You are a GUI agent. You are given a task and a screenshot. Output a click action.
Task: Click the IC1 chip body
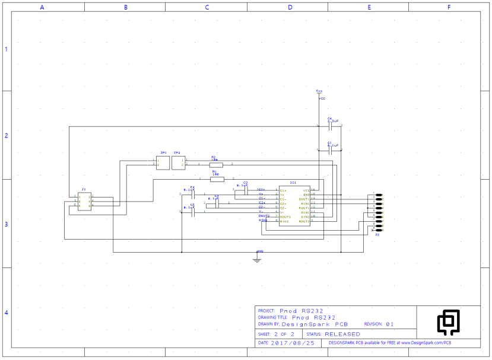coord(294,205)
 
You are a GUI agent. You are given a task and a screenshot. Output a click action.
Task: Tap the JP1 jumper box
coord(163,162)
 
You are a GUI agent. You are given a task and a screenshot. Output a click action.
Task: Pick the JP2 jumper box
coord(178,162)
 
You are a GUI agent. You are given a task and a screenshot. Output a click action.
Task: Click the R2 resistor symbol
coord(216,165)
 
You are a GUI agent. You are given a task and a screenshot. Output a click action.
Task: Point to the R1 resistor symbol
coord(217,179)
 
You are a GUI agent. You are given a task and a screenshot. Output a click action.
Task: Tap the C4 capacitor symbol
coord(192,194)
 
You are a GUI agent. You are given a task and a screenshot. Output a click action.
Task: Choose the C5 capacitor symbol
coord(192,212)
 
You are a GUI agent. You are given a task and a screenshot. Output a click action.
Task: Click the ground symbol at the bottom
coord(257,259)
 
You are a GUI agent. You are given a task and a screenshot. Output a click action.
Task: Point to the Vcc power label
coord(319,91)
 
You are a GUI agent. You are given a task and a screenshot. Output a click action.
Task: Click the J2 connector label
coord(377,235)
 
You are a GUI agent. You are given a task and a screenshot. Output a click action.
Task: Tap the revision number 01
coord(390,324)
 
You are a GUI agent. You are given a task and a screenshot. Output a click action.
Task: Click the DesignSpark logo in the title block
coord(448,322)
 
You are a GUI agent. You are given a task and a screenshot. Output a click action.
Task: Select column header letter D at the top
coord(290,7)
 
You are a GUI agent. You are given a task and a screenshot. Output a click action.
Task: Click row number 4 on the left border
coord(7,313)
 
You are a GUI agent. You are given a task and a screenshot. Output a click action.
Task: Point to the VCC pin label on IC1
coord(306,190)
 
